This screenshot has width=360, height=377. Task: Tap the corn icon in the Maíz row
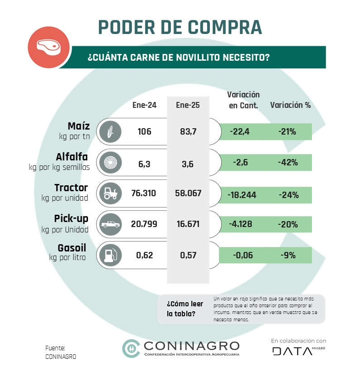110,132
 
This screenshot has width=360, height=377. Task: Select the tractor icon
110,193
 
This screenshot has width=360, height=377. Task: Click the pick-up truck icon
110,224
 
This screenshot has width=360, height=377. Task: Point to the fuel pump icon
110,255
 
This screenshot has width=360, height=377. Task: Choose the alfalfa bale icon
110,163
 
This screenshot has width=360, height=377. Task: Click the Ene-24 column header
144,105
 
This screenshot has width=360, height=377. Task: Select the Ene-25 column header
187,105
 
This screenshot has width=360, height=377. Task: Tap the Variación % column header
291,105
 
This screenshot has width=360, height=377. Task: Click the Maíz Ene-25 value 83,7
187,132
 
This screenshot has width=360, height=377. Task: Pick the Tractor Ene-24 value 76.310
143,193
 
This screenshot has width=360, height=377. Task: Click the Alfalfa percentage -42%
288,163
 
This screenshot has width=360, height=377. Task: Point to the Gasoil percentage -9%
288,255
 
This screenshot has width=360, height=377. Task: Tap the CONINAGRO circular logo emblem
131,348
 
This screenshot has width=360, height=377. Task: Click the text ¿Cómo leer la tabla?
185,309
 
